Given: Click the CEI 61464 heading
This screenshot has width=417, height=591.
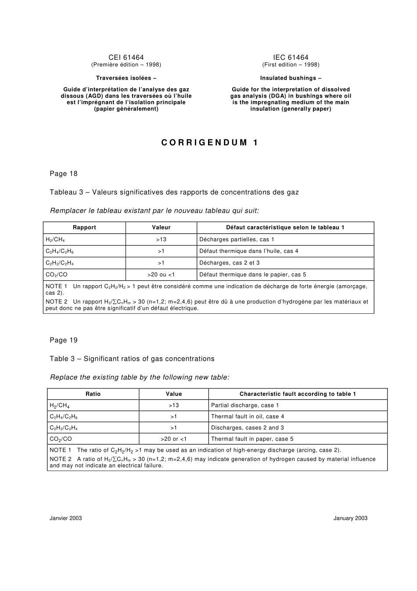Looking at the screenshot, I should click(x=126, y=58).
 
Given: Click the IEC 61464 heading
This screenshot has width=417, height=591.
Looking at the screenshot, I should click(x=291, y=58).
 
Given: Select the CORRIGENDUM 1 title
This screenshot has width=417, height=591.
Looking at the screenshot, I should click(x=210, y=143).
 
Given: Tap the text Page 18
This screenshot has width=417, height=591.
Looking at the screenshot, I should click(x=64, y=174).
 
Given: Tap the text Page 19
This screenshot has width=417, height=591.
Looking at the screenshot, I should click(x=64, y=340).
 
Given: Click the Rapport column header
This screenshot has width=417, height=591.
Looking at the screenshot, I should click(x=84, y=228).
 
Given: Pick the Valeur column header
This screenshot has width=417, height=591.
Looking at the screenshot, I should click(x=161, y=228).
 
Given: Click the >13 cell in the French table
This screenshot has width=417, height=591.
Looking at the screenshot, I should click(x=161, y=239).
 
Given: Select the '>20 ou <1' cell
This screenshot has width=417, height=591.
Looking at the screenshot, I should click(x=161, y=275).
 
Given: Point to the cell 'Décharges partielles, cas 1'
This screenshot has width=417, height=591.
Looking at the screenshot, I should click(x=237, y=239).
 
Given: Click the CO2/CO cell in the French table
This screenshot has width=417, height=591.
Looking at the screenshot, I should click(x=57, y=275).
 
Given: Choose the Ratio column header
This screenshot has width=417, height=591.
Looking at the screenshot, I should click(x=93, y=394).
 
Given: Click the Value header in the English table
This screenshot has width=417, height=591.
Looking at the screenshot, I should click(x=174, y=394).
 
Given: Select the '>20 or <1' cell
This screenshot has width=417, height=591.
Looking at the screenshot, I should click(x=174, y=439).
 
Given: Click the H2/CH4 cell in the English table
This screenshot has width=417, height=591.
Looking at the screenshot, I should click(x=60, y=406).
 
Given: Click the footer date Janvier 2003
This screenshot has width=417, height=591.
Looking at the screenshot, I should click(x=66, y=518).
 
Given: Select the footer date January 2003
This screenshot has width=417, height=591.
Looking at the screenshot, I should click(x=350, y=518).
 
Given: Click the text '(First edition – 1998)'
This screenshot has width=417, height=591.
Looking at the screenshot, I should click(x=291, y=65).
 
